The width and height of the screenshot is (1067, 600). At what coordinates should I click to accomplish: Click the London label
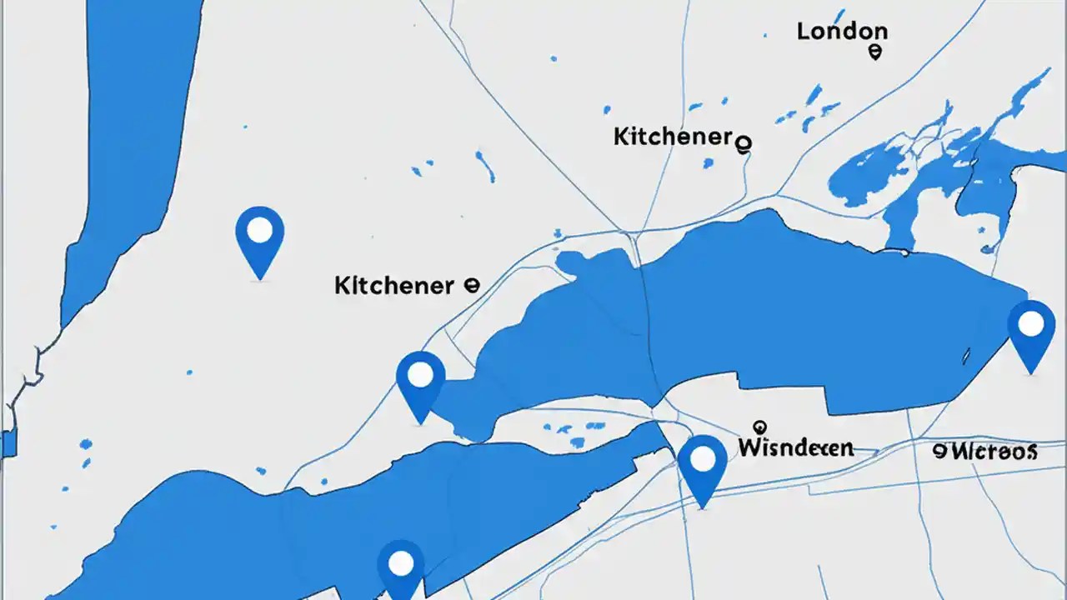pyautogui.click(x=841, y=32)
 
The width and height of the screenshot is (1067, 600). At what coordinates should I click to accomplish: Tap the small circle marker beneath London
pyautogui.click(x=874, y=52)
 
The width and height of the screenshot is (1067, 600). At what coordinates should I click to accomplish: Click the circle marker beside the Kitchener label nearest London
pyautogui.click(x=744, y=143)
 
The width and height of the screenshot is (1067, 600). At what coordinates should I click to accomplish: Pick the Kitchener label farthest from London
pyautogui.click(x=393, y=286)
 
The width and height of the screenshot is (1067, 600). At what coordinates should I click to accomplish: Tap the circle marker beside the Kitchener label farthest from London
pyautogui.click(x=470, y=285)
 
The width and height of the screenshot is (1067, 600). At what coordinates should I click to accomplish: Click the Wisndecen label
pyautogui.click(x=795, y=447)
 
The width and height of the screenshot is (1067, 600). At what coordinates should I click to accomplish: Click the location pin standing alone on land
pyautogui.click(x=260, y=240)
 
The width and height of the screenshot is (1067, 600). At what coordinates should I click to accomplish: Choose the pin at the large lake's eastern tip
pyautogui.click(x=1031, y=333)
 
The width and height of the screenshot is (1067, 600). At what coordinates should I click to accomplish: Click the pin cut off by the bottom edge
pyautogui.click(x=401, y=568)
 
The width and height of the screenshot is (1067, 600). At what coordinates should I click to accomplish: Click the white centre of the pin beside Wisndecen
pyautogui.click(x=703, y=458)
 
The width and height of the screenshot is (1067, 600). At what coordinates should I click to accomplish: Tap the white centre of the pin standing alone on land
pyautogui.click(x=260, y=230)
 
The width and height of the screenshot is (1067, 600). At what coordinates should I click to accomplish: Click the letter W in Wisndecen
pyautogui.click(x=749, y=447)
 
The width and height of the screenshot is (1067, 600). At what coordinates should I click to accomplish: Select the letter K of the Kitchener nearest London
pyautogui.click(x=620, y=137)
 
